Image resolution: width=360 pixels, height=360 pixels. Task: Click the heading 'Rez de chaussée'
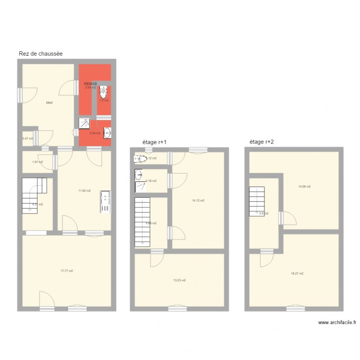pos(41,54)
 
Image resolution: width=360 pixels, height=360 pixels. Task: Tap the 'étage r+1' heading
pos(154,142)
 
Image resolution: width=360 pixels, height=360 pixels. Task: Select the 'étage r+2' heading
pos(262,142)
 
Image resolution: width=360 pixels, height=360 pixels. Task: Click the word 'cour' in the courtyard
pos(49,102)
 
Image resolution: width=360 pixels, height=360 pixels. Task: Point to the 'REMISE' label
pos(91,84)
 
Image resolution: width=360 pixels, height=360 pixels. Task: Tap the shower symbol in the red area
pos(85,123)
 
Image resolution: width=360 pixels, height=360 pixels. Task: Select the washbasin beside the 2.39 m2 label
pos(108,133)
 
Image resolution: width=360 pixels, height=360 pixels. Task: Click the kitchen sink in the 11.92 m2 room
pos(105,202)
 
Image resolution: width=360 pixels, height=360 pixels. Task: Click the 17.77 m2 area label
pos(67,271)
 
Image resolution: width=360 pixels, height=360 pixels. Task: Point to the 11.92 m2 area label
pos(84,191)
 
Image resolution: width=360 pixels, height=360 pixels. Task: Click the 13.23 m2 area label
pos(180,280)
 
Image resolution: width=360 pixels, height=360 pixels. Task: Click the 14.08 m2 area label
pos(304,186)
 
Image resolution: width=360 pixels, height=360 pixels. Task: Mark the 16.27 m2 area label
pos(297,274)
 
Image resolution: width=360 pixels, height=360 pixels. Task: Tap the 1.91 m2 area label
pos(37,162)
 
